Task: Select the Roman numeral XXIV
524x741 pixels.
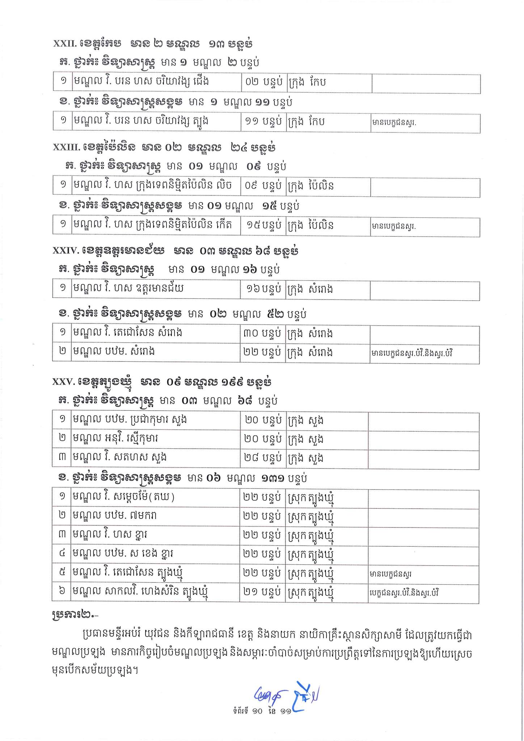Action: [x=64, y=251]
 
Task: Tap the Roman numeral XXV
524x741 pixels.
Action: [x=63, y=382]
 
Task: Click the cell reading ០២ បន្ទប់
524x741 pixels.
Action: [x=263, y=83]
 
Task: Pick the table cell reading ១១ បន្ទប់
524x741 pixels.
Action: [x=263, y=122]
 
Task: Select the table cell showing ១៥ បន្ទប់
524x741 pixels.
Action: [x=263, y=226]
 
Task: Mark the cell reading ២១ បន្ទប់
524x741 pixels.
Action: [x=263, y=594]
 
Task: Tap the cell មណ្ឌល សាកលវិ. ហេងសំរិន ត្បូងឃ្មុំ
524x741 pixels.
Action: [x=156, y=594]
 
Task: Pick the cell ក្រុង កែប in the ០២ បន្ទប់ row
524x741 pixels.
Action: [x=329, y=83]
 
